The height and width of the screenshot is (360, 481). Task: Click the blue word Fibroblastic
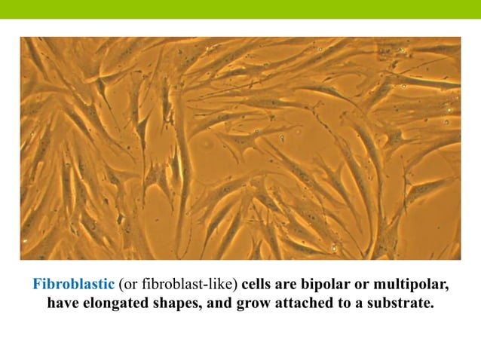tap(73, 285)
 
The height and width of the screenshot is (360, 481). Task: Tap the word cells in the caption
tap(259, 285)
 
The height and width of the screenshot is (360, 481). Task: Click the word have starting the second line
tap(63, 304)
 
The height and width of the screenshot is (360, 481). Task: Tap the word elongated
tap(121, 305)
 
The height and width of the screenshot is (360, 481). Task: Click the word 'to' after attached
tap(344, 304)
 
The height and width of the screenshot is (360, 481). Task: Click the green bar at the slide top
tap(240, 9)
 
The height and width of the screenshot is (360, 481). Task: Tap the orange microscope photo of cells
tap(240, 148)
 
